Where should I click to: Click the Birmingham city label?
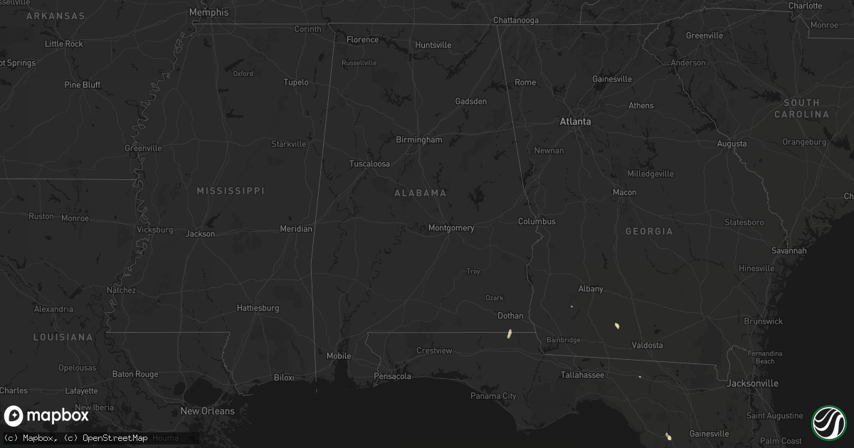tap(419, 140)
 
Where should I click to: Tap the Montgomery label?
tap(451, 228)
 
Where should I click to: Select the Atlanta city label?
tap(575, 122)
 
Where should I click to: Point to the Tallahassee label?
tap(582, 375)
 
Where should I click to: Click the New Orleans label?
tap(207, 411)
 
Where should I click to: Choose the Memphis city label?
tap(209, 12)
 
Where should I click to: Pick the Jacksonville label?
tap(752, 383)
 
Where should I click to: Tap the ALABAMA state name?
tap(421, 193)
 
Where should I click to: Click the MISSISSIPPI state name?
tap(231, 191)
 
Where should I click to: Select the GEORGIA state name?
tap(648, 232)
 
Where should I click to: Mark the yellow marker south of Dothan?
tap(510, 333)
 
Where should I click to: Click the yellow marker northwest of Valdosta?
tap(617, 326)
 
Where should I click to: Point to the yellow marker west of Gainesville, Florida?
tap(668, 435)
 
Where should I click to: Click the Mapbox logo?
tap(46, 416)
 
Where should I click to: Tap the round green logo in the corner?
tap(828, 422)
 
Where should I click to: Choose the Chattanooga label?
tap(516, 21)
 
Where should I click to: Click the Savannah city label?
tap(789, 251)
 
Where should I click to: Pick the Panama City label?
tap(493, 396)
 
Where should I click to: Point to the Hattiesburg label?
tap(258, 309)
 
